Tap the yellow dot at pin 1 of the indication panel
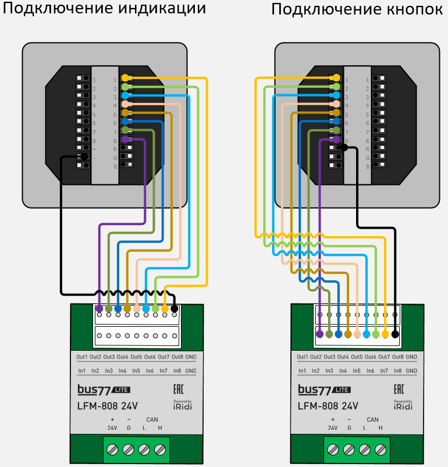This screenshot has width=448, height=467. (x=125, y=77)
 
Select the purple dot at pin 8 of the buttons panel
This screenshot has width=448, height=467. (x=336, y=140)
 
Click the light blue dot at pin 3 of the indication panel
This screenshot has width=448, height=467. (x=125, y=95)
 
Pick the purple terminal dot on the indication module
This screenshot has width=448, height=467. (x=99, y=308)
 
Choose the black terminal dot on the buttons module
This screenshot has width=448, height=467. (x=396, y=334)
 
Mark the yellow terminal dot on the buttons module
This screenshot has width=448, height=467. (x=385, y=334)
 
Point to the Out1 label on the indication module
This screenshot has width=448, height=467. (x=81, y=357)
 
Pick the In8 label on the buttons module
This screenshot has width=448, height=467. (x=398, y=370)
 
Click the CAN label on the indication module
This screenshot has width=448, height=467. (x=152, y=419)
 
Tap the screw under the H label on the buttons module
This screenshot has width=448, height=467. (x=381, y=450)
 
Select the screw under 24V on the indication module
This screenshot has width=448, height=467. (x=112, y=450)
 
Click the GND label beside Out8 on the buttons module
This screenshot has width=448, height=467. (x=411, y=357)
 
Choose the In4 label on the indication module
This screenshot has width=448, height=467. (x=122, y=370)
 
